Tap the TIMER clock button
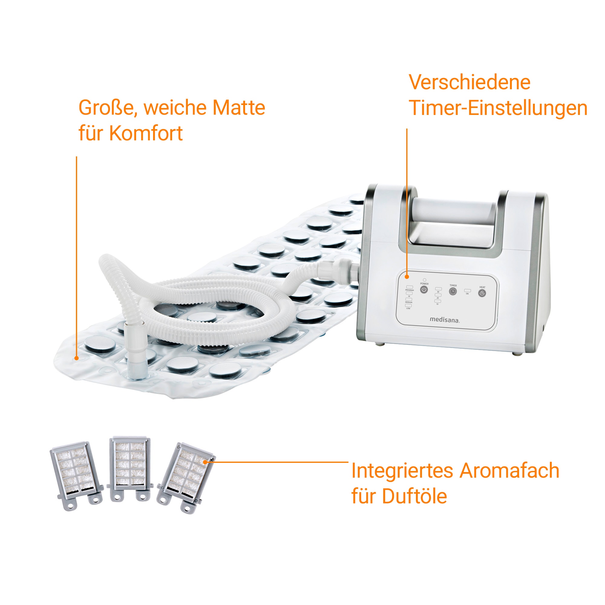[453, 292]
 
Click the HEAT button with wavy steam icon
[482, 293]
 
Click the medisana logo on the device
[444, 320]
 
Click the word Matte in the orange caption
[239, 108]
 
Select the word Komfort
[146, 133]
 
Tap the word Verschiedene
[469, 82]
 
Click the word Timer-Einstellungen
[498, 108]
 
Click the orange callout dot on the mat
[77, 358]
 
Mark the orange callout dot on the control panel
[407, 276]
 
